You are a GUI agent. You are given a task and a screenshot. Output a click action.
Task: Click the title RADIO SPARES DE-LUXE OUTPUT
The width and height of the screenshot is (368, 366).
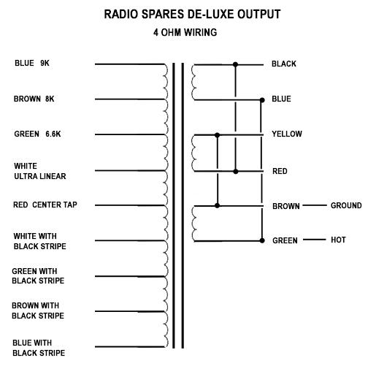click(x=192, y=14)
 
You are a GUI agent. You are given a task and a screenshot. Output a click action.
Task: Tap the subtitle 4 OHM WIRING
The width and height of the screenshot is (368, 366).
click(x=185, y=32)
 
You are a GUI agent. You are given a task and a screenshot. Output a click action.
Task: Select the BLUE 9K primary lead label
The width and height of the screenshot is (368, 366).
click(x=32, y=63)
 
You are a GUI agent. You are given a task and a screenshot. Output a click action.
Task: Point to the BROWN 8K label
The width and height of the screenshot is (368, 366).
click(x=34, y=99)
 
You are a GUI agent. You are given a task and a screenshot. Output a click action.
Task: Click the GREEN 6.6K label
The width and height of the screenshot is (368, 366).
click(x=37, y=134)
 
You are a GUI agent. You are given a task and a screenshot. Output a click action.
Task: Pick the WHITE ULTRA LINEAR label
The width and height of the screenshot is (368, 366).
click(x=40, y=171)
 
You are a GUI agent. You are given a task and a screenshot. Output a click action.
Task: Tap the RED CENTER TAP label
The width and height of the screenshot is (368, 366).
click(x=45, y=205)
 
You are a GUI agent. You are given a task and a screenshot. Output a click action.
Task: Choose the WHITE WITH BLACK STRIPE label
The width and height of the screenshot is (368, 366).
click(x=39, y=241)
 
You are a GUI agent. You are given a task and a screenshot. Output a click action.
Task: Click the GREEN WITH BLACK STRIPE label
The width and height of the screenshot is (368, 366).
click(x=38, y=276)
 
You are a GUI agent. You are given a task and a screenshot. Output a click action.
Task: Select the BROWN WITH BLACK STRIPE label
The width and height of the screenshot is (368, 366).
click(x=38, y=310)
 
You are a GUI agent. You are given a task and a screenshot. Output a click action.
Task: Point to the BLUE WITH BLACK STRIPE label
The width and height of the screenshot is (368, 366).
click(x=39, y=348)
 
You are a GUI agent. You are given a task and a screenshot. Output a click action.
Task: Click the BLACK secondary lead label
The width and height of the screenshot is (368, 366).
click(x=284, y=64)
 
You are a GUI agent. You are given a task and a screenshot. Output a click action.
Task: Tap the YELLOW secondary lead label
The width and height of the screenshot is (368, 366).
click(x=287, y=134)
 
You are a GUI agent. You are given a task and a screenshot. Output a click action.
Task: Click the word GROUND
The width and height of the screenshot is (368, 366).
click(x=346, y=205)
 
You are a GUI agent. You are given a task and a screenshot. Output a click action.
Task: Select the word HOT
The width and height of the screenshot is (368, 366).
click(x=338, y=240)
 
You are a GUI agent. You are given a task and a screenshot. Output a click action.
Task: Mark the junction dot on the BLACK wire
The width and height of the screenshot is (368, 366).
click(x=235, y=64)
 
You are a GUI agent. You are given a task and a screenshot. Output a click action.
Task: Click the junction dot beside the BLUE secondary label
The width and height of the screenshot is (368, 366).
click(x=262, y=100)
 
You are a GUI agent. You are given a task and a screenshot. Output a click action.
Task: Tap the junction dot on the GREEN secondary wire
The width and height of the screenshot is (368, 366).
click(x=262, y=240)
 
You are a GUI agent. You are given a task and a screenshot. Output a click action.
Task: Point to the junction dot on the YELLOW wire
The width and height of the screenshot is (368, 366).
click(x=218, y=135)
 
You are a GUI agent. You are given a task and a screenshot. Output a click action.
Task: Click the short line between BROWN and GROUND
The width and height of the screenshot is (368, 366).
click(x=315, y=205)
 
